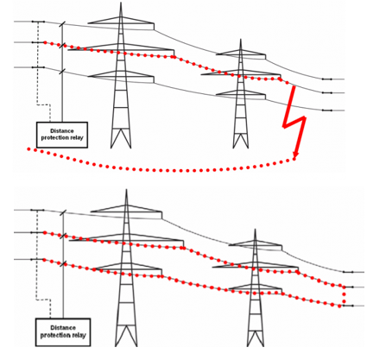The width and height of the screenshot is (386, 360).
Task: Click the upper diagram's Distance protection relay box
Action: (x=62, y=135)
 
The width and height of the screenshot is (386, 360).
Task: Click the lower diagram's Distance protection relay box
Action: (x=63, y=332)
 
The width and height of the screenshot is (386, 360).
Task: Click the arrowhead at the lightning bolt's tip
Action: (x=294, y=156)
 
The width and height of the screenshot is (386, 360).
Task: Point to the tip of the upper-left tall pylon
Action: (x=121, y=3)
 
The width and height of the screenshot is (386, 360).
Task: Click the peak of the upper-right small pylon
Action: (x=241, y=40)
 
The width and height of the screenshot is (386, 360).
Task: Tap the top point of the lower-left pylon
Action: (x=126, y=190)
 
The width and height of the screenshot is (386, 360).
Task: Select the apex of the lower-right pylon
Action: (x=255, y=230)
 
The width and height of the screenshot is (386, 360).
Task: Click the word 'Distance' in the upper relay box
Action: (x=62, y=131)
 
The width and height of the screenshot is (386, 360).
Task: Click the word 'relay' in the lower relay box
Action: (x=79, y=335)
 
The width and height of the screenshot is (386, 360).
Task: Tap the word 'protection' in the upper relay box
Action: (x=54, y=138)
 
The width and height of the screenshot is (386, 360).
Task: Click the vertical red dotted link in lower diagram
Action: (x=344, y=296)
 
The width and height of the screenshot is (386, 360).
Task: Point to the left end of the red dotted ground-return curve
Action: (x=28, y=149)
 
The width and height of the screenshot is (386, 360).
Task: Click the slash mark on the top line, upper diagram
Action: (x=62, y=24)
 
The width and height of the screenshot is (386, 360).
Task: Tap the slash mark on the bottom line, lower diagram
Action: (x=64, y=264)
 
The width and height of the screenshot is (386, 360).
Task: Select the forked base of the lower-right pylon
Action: (x=256, y=338)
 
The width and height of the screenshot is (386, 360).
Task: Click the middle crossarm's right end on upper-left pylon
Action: (x=174, y=53)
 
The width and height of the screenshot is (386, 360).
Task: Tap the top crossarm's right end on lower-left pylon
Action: (x=161, y=215)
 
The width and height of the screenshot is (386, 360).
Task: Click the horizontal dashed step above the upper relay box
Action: (x=44, y=104)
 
